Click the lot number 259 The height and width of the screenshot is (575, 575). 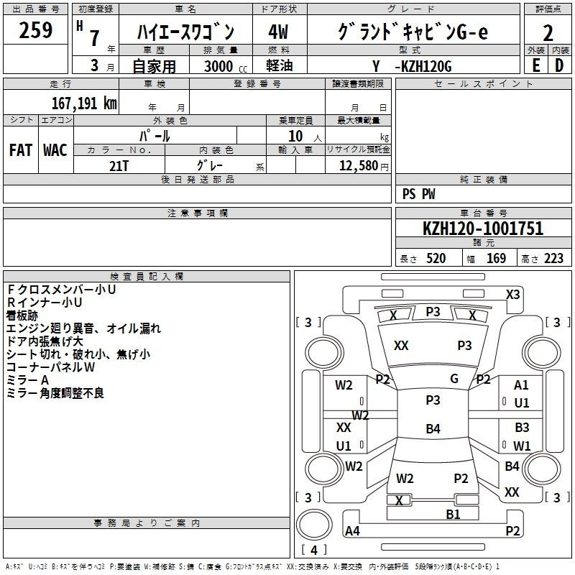click(35, 30)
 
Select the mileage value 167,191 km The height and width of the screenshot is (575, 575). click(84, 103)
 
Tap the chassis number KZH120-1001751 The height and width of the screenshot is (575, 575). click(483, 229)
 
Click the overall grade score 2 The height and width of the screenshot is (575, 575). click(548, 33)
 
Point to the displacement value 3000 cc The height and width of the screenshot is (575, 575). click(226, 66)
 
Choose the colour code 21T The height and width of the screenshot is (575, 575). click(119, 166)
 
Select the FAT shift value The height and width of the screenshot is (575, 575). click(21, 150)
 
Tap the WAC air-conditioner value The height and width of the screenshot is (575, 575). click(55, 150)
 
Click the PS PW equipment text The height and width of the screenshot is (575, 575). click(418, 193)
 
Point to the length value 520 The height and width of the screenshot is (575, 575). click(436, 258)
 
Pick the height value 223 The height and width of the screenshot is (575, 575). click(553, 258)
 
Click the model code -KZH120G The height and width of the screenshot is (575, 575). click(423, 66)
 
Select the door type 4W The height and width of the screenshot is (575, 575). click(278, 32)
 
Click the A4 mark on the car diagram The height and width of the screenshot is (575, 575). click(352, 530)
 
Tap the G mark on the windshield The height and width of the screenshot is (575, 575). click(454, 379)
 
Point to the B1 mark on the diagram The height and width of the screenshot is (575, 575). click(453, 514)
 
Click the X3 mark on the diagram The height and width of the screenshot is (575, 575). click(512, 295)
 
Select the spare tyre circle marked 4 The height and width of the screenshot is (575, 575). click(314, 525)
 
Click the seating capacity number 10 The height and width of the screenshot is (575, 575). click(295, 136)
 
